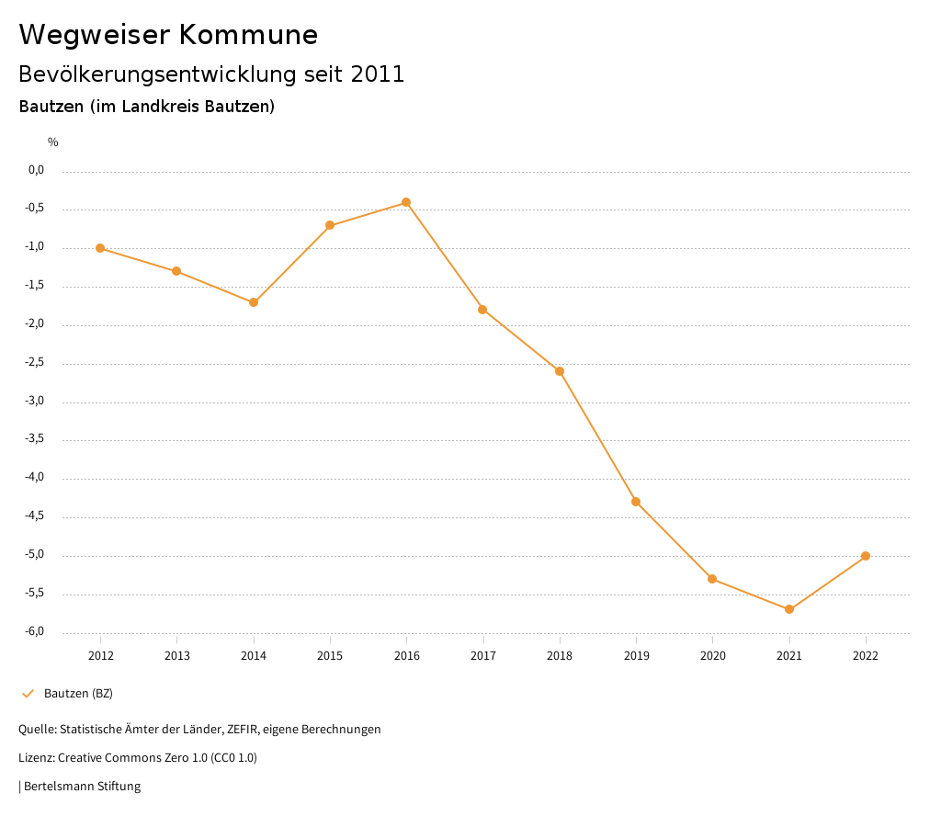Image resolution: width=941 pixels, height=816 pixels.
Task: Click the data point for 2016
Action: pyautogui.click(x=406, y=202)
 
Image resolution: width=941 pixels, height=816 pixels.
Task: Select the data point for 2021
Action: pyautogui.click(x=789, y=609)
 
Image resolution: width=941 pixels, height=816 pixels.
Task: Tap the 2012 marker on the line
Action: pyautogui.click(x=100, y=248)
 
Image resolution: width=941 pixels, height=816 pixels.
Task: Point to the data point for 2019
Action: pyautogui.click(x=636, y=502)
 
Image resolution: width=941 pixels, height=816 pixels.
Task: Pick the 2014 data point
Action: pyautogui.click(x=254, y=302)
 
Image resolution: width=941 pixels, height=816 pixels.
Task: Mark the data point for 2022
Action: pyautogui.click(x=866, y=556)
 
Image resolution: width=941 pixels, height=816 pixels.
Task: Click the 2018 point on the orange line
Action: pyautogui.click(x=560, y=371)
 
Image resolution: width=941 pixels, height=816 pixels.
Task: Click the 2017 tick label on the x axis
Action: pyautogui.click(x=483, y=656)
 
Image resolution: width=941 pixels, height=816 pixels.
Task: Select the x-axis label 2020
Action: pyautogui.click(x=713, y=656)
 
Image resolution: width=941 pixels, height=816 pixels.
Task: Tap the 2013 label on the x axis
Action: pyautogui.click(x=177, y=656)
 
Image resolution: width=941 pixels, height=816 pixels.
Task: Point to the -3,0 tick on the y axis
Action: pyautogui.click(x=36, y=402)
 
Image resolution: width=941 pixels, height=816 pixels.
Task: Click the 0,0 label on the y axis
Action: pyautogui.click(x=37, y=170)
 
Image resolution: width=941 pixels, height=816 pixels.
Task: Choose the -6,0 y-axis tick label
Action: pyautogui.click(x=36, y=632)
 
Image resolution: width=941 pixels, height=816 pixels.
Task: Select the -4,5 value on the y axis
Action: pyautogui.click(x=36, y=516)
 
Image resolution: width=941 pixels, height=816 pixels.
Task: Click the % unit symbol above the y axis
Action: pyautogui.click(x=53, y=142)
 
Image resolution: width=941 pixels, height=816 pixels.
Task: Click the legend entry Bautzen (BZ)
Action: pyautogui.click(x=78, y=693)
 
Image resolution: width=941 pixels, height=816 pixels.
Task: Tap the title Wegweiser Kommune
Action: pyautogui.click(x=168, y=35)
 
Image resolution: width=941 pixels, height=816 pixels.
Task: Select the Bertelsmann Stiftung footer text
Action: pyautogui.click(x=82, y=787)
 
